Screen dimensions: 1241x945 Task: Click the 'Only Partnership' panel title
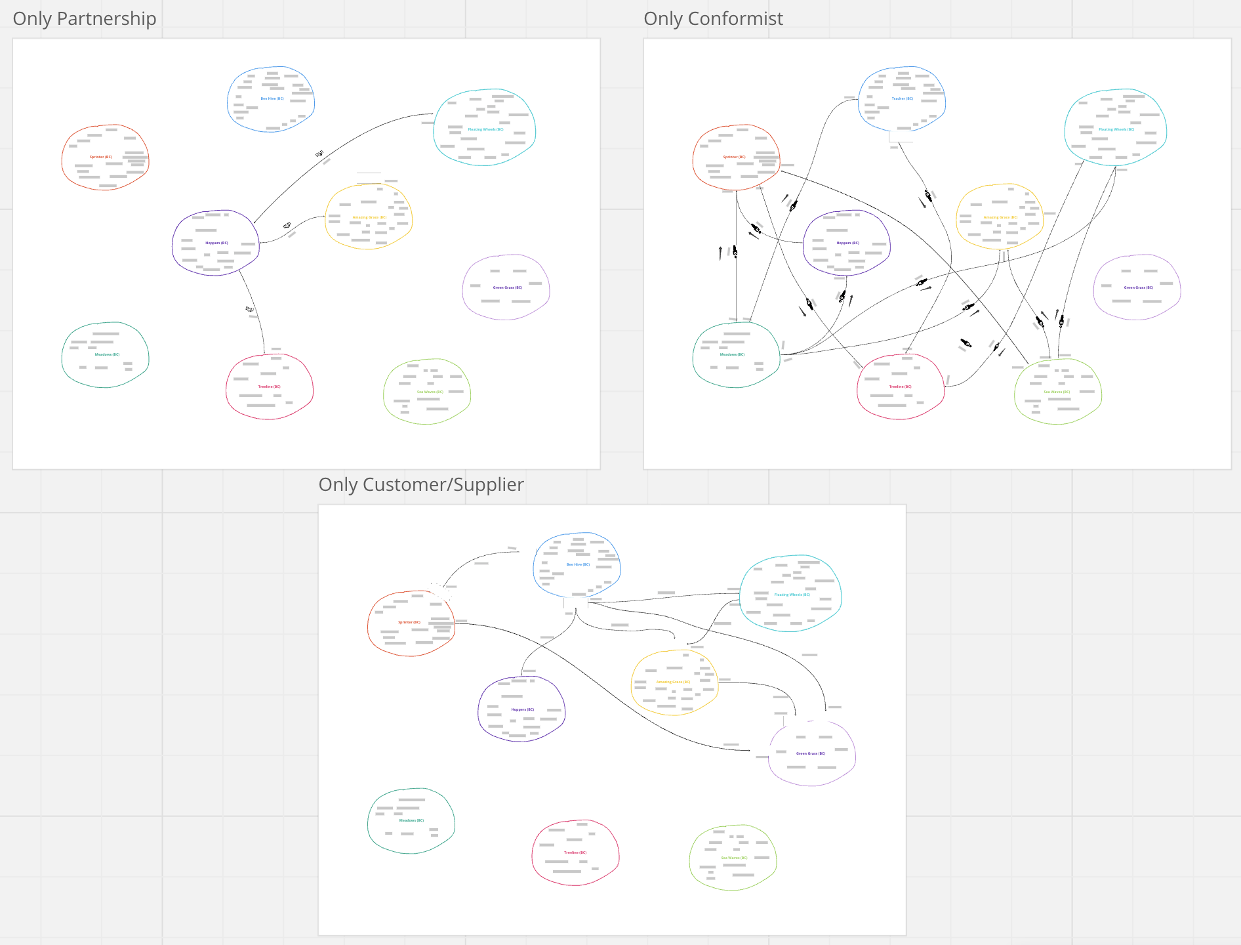(85, 19)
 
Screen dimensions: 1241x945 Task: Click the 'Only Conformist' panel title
(713, 19)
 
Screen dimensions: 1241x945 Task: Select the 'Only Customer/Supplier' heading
(420, 485)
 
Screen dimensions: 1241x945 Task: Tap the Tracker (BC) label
(902, 98)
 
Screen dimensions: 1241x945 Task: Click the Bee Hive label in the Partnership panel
(272, 98)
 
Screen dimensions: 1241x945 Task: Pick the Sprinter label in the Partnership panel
(101, 157)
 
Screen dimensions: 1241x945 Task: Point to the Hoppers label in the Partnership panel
(216, 243)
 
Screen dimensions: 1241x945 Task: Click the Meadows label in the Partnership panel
(107, 354)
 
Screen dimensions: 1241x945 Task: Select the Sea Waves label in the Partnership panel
(430, 392)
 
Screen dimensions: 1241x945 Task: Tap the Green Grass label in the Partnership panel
(507, 287)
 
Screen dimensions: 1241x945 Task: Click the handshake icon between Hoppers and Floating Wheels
(319, 154)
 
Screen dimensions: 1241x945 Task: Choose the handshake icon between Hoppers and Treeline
(249, 308)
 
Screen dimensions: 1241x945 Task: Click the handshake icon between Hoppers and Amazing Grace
(287, 226)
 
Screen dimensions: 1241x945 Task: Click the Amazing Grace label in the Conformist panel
(1000, 217)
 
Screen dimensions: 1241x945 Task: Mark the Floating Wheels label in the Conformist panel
(1116, 129)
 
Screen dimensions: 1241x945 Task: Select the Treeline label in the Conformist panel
(900, 387)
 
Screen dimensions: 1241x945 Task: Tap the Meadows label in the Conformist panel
(732, 354)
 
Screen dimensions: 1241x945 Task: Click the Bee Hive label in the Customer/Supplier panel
(578, 564)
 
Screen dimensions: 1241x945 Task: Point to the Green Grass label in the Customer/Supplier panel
(811, 753)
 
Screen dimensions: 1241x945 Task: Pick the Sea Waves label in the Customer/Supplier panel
(734, 858)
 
